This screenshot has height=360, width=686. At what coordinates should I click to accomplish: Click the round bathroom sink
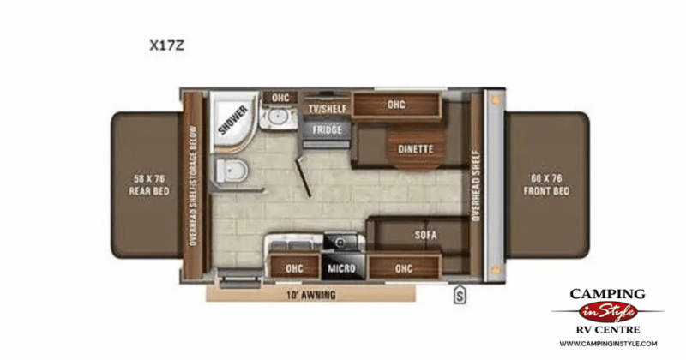(x=280, y=122)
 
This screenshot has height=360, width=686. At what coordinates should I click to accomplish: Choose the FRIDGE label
(x=327, y=129)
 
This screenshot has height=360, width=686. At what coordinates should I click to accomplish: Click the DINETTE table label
(x=415, y=149)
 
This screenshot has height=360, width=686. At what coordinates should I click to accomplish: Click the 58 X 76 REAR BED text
(x=147, y=184)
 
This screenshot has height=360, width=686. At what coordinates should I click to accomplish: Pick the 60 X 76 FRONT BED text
(x=549, y=184)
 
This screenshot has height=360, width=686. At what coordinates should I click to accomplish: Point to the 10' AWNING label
(x=311, y=295)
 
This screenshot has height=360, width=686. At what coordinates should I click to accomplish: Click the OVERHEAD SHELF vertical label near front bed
(x=477, y=183)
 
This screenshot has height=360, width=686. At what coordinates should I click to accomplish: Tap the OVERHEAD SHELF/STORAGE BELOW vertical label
(x=195, y=183)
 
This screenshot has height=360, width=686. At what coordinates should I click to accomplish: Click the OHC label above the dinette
(x=395, y=105)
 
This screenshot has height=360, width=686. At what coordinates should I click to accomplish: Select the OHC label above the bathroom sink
(x=280, y=98)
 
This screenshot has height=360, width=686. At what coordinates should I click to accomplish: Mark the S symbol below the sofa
(x=460, y=296)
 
